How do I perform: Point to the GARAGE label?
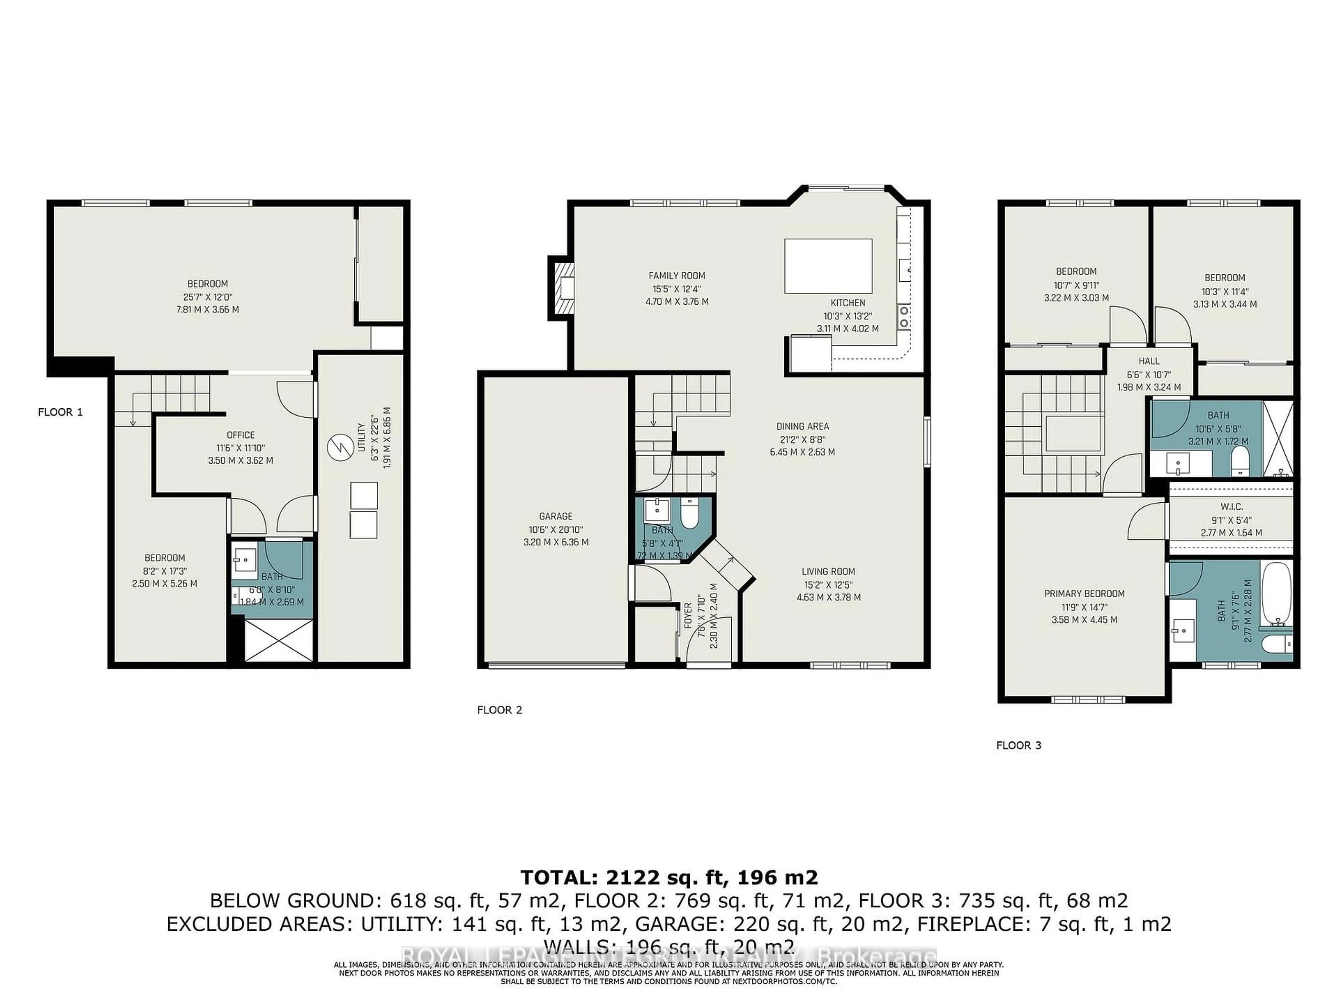point(555,516)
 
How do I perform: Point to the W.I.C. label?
point(1231,507)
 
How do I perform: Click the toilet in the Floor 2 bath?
point(689,513)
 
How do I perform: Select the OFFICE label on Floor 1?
point(241,434)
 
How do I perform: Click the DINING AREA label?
point(803,426)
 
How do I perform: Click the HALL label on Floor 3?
point(1149,361)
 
